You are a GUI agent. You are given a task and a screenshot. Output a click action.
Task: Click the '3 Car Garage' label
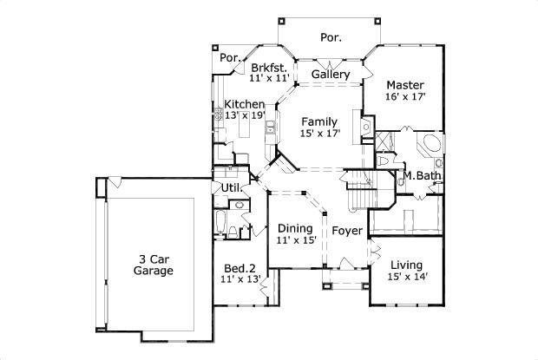pos(154,265)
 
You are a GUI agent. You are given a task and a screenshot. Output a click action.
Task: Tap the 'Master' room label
pos(405,85)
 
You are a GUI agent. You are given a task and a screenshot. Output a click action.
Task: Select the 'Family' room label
pos(319,121)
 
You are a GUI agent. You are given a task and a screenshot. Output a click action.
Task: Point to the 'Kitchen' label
pos(245,104)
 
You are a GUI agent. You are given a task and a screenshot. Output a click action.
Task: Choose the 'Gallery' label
pos(331,75)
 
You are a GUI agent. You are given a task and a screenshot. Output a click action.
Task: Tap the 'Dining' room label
pos(295,228)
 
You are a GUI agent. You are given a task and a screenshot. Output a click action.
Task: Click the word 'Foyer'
pos(347,231)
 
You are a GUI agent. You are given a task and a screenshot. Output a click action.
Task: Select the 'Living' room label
pos(406,265)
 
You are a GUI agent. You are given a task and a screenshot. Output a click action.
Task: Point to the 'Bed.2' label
pos(240,267)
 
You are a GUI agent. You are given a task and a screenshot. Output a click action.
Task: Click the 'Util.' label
pos(232,187)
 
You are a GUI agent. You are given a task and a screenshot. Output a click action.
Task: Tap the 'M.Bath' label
pos(423,176)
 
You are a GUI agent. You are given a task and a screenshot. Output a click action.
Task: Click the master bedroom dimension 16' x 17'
pos(405,97)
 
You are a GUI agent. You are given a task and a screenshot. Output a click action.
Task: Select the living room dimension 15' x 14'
pos(406,278)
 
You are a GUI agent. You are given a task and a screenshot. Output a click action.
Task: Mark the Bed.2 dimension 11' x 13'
pos(240,279)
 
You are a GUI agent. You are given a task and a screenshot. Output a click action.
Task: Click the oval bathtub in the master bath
pos(430,143)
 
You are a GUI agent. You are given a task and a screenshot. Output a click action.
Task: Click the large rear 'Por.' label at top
pos(330,37)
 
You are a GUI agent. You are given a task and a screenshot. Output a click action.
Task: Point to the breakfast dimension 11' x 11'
pos(267,78)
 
